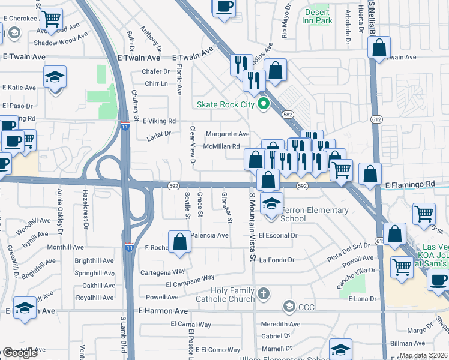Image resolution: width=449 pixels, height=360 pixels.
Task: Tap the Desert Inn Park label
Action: coord(318,16)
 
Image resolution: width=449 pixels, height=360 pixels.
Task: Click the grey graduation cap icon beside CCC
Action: coord(289,307)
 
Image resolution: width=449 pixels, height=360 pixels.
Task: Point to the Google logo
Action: coord(20,353)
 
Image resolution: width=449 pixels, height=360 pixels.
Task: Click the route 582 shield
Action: coord(288,114)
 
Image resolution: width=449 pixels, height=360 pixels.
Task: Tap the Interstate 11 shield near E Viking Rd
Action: coord(124,126)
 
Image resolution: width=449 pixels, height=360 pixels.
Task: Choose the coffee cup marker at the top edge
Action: coord(224,7)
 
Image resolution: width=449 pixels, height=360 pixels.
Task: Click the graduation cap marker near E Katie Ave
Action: coord(55,77)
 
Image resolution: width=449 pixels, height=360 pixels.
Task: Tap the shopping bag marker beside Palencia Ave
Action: coord(179,242)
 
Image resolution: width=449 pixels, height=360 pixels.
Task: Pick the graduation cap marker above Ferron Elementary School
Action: coord(271,203)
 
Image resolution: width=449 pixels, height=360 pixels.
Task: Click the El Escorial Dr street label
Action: coord(278,236)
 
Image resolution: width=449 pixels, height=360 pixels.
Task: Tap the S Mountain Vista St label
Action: coord(253,228)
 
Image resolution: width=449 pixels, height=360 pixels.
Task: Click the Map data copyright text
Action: coord(423,355)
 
